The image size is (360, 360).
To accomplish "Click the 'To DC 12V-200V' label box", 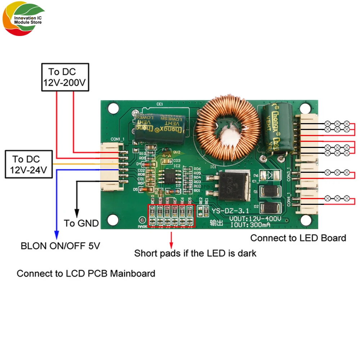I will point(65,77).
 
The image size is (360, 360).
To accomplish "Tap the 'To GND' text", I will point(81,223).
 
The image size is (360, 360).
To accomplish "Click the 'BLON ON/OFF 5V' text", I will point(60,246).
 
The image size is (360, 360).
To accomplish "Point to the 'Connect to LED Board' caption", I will point(298,238).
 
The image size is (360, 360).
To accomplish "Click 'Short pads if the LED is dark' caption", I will point(195,253).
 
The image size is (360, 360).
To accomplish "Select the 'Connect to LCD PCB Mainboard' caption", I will point(86,273).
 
